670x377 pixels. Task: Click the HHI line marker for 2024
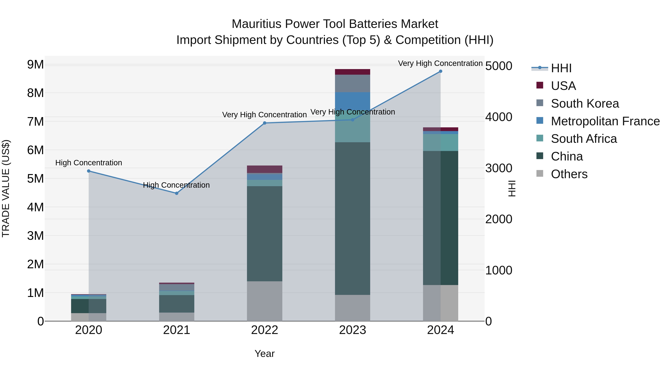440,71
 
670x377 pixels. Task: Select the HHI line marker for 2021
176,193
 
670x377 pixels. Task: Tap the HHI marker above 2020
89,171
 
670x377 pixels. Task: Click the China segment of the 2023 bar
352,219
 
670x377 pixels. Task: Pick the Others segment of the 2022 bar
264,301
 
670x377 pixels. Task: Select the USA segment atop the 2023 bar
352,72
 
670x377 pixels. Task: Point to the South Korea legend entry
585,104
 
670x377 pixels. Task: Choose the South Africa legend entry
584,139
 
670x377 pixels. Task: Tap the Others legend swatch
540,174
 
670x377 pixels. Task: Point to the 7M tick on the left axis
35,122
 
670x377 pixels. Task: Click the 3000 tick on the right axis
499,168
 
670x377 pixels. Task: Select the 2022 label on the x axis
264,330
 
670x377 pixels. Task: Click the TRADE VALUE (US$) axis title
6,188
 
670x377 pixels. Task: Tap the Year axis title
264,354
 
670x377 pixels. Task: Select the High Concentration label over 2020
89,163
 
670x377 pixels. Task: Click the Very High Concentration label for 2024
440,63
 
